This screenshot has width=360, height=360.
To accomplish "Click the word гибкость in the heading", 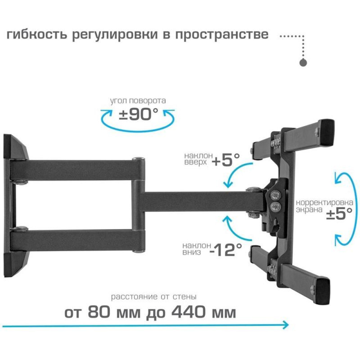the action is (x=37, y=35).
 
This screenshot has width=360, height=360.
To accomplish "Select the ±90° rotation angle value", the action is (x=139, y=114).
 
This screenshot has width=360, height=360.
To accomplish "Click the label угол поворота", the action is (x=138, y=101).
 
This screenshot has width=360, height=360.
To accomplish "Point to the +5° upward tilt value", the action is (x=226, y=159).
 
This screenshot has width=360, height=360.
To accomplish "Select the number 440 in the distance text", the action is (x=189, y=312).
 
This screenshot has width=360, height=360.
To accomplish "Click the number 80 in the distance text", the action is (x=99, y=312).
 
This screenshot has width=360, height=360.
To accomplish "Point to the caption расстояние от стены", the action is (x=154, y=297).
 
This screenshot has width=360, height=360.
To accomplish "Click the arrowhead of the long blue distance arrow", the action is (x=285, y=325).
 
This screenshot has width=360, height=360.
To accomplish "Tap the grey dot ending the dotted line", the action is (x=303, y=63).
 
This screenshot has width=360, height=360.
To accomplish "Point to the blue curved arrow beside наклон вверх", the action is (x=237, y=175).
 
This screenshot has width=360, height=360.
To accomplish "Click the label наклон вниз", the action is (x=197, y=249).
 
